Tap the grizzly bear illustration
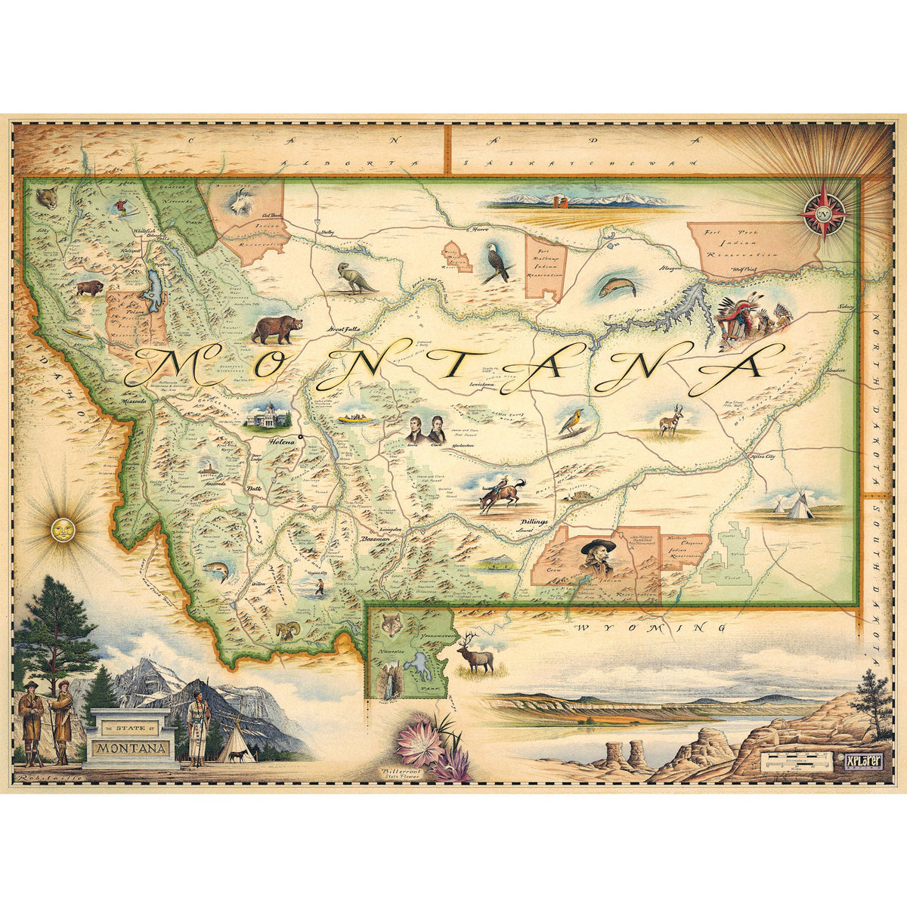[x=277, y=329]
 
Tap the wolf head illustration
[x=391, y=624]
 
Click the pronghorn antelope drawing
[x=670, y=421]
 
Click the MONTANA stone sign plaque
[x=130, y=748]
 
